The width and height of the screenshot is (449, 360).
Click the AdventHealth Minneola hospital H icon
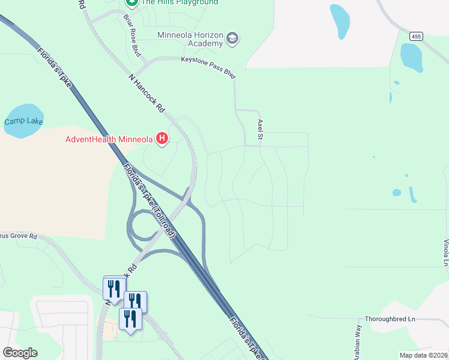161,139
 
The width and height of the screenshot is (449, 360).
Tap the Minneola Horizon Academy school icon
232,40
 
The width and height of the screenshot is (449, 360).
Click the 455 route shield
417,37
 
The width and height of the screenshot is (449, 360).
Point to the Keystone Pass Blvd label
208,59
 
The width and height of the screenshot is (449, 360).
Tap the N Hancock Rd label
146,93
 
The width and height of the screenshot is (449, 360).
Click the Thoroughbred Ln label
390,319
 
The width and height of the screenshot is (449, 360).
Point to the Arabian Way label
358,342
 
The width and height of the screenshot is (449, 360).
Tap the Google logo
20,353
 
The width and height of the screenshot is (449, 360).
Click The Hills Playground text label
179,2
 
